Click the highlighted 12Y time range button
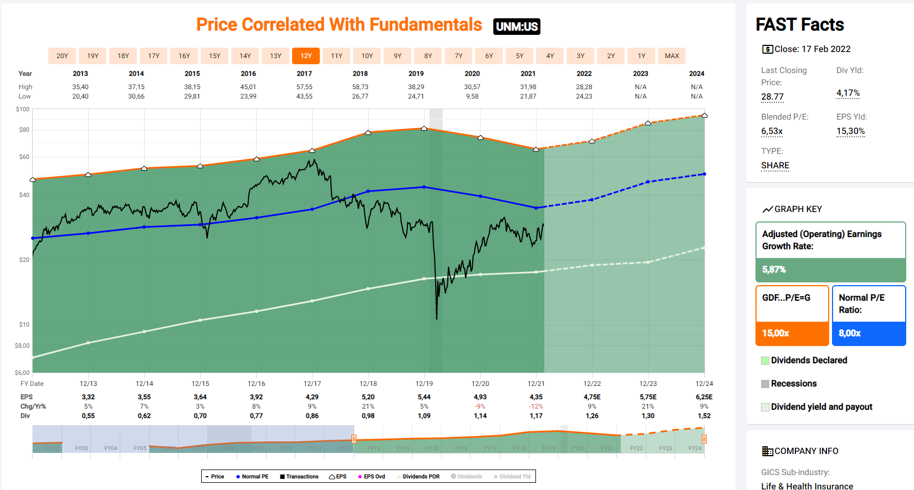[x=306, y=56]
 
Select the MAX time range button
[x=672, y=56]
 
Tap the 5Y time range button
[x=519, y=56]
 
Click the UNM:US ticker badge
[x=517, y=27]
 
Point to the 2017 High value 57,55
[x=304, y=87]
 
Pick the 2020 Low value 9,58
[x=472, y=96]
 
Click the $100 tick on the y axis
[x=23, y=110]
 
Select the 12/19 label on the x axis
[x=424, y=384]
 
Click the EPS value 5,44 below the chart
[x=424, y=397]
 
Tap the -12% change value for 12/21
[x=536, y=406]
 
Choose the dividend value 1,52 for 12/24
[x=704, y=416]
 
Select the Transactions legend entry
[x=299, y=477]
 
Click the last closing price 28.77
[x=772, y=97]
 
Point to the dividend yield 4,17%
[x=848, y=93]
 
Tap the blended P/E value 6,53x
[x=772, y=131]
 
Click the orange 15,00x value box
[x=792, y=333]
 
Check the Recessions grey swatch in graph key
[x=765, y=384]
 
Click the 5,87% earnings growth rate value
[x=774, y=270]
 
